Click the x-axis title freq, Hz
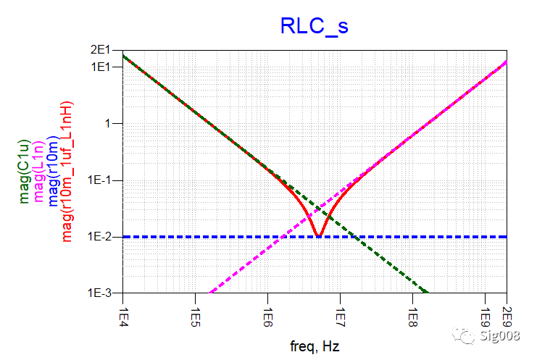(313, 346)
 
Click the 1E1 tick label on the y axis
(108, 67)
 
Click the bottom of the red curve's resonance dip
(318, 235)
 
